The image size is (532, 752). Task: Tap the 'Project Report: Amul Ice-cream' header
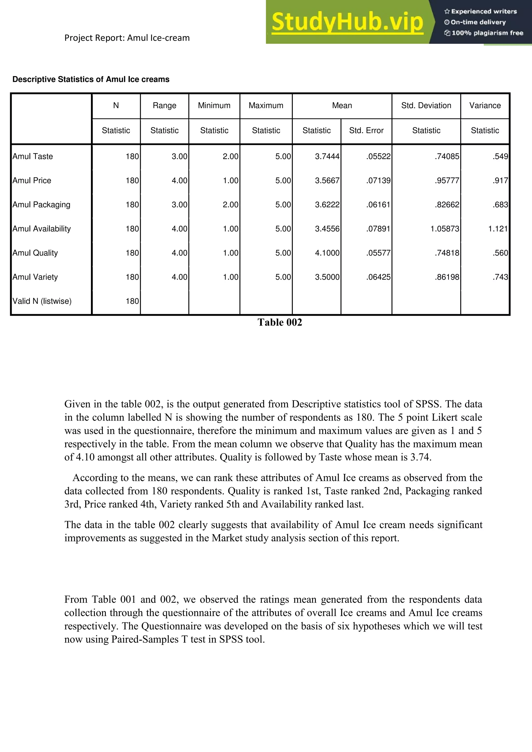pos(127,38)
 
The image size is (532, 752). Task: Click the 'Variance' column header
pos(485,105)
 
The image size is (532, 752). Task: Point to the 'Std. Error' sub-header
pos(366,130)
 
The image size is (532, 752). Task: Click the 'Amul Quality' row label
pos(35,253)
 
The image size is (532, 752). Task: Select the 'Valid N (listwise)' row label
pos(42,301)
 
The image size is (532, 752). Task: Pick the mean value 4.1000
pos(327,253)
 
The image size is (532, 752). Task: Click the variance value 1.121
pos(498,229)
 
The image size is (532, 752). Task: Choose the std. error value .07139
pos(378,180)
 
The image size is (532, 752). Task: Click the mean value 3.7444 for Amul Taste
pos(327,156)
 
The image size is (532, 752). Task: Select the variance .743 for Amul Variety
pos(500,277)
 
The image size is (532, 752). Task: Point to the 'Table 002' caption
pos(280,322)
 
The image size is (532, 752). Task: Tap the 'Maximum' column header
pos(266,105)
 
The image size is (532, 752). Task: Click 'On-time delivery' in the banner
pos(478,22)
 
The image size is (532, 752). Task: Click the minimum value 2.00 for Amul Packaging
pos(230,205)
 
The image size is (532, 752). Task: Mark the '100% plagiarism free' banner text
pos(487,33)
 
